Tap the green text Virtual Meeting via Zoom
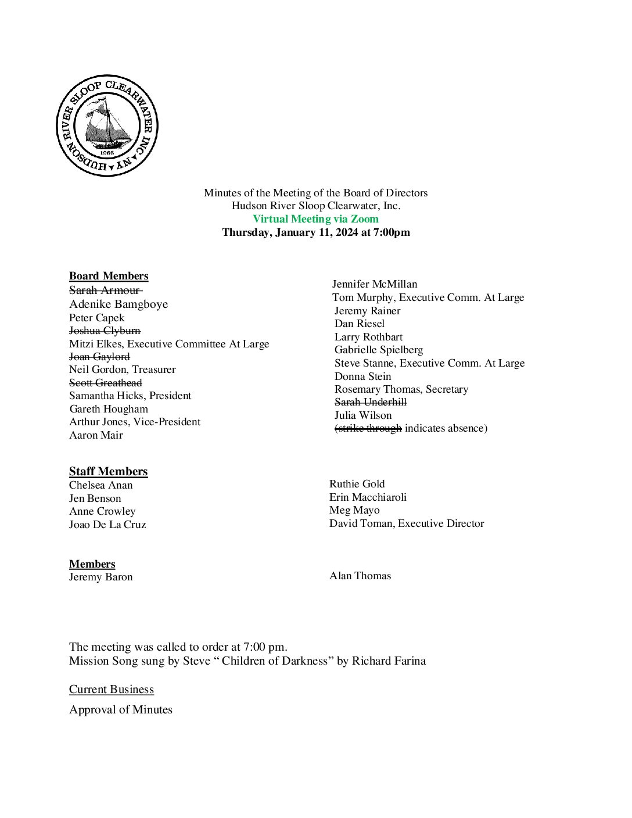315,219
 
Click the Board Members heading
109,276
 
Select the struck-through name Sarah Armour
105,290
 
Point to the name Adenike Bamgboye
119,304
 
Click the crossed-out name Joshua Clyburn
105,331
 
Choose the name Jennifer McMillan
375,284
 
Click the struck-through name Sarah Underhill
371,402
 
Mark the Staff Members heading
108,472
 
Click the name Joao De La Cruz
107,525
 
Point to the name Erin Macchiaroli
368,497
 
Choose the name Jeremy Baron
100,577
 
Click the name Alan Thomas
360,576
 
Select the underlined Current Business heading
112,690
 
